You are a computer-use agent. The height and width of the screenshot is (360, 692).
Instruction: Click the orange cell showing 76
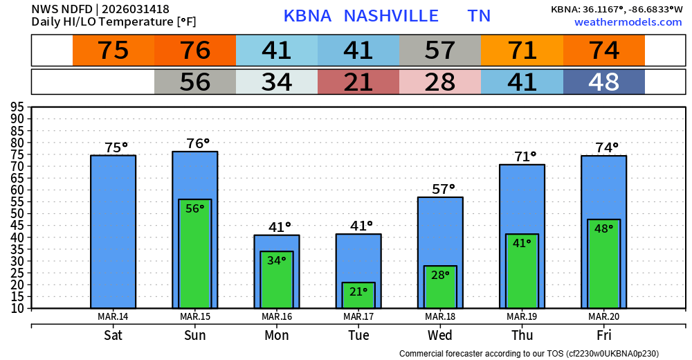coord(195,51)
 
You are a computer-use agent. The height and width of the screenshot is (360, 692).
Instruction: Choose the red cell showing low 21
coord(358,82)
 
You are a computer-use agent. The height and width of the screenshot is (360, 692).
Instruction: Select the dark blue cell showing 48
coord(603,82)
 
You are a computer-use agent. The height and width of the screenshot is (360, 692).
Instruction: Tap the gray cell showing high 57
coord(440,51)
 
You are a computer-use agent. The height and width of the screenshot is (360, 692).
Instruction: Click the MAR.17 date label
coord(358,317)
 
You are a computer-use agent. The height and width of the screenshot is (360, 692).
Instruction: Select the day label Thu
coord(522,336)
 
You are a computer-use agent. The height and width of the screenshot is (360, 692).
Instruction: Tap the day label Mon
coord(276,336)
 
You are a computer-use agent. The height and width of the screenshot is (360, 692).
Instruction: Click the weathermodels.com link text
coord(628,22)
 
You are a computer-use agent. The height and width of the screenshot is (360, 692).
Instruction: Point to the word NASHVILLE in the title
coord(391,16)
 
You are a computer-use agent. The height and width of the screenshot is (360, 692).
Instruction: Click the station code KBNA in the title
coord(307,16)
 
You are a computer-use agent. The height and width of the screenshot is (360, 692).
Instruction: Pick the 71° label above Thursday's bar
coord(525,156)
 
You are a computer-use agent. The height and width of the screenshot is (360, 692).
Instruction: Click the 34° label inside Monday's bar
coord(277,261)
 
